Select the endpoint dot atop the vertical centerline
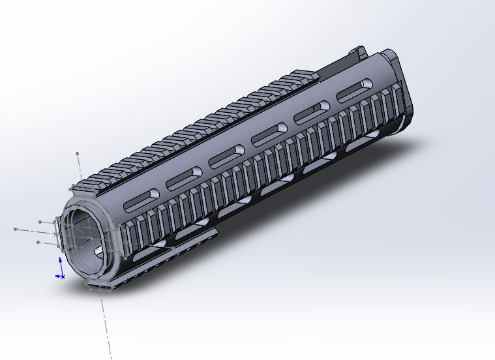point(78,154)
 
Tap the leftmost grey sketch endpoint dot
point(15,230)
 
